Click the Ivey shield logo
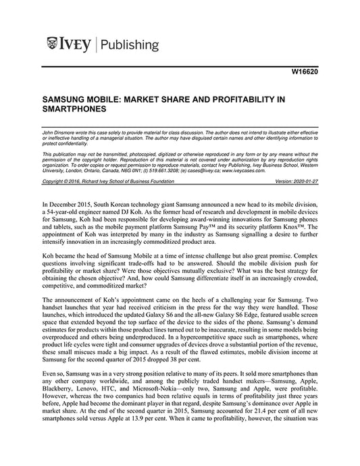click(x=53, y=45)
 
